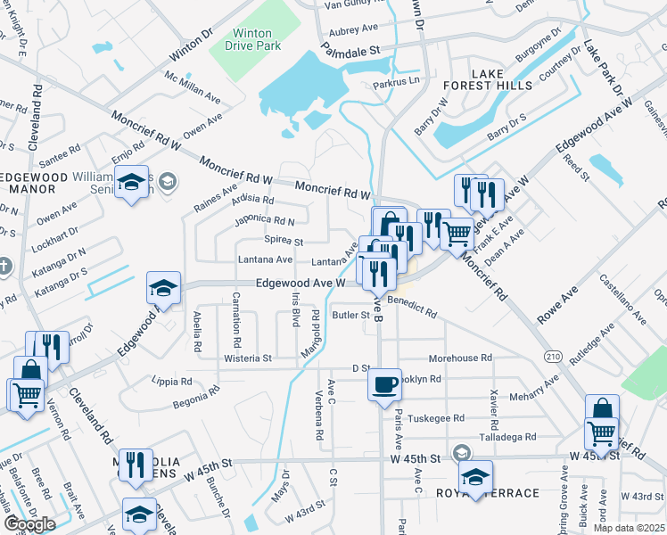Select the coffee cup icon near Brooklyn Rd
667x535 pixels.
tap(384, 384)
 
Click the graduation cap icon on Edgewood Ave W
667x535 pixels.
tap(164, 288)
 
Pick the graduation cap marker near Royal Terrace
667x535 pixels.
tap(475, 476)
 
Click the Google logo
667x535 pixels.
tap(29, 524)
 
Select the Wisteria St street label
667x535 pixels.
tap(250, 358)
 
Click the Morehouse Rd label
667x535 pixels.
tap(460, 358)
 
